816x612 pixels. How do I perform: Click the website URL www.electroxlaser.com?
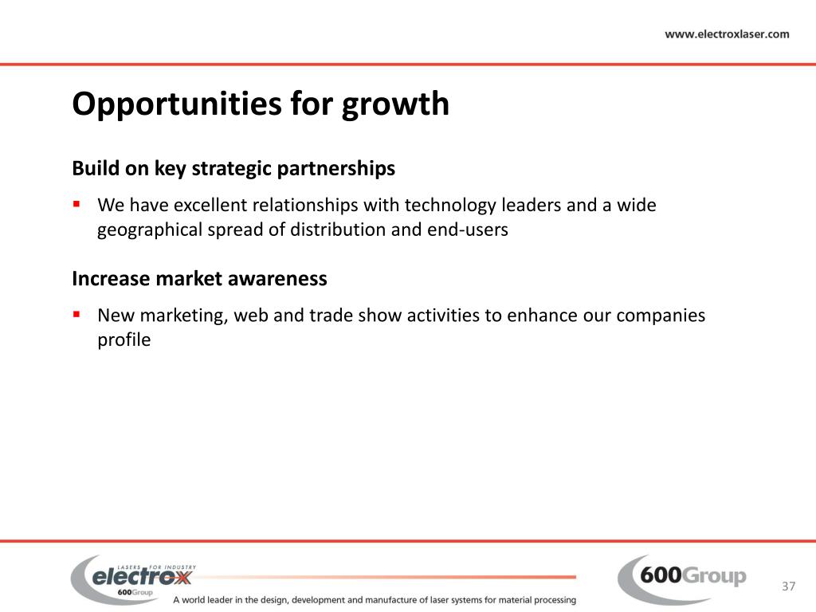(727, 34)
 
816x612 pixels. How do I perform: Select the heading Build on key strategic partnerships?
(233, 169)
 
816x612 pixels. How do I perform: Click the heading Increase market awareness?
(199, 279)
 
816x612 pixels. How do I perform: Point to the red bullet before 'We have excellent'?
(77, 204)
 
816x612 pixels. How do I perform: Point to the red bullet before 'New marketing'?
(77, 314)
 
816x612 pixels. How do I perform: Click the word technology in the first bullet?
(450, 206)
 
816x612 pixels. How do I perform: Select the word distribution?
(331, 230)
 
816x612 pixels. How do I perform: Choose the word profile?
(124, 340)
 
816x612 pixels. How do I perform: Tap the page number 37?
(789, 587)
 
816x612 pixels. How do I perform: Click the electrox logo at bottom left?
(134, 578)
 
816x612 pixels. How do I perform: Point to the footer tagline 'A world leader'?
(374, 599)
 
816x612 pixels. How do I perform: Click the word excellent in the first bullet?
(210, 206)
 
